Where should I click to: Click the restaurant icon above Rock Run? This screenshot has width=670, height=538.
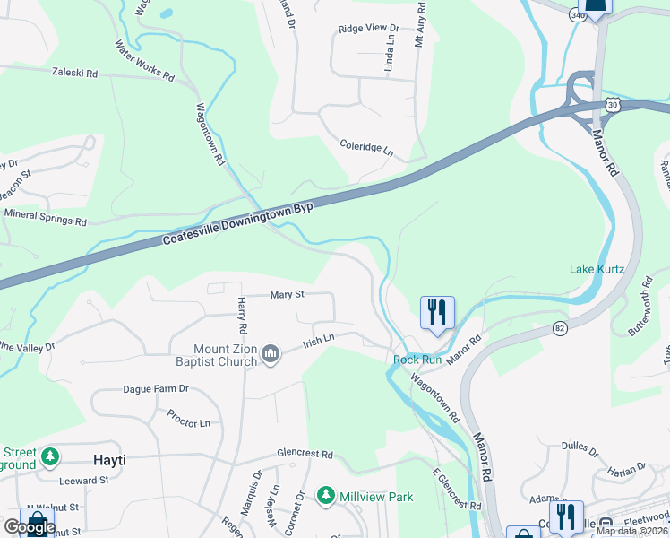(x=437, y=313)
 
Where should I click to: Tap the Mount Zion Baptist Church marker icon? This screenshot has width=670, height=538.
(x=271, y=357)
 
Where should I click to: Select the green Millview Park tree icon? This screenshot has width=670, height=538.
(x=326, y=496)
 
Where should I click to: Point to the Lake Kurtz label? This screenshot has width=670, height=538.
(x=597, y=269)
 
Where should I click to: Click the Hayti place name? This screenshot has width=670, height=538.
(x=110, y=460)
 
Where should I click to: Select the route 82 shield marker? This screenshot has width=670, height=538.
(x=560, y=328)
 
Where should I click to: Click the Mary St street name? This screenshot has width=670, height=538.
(x=288, y=294)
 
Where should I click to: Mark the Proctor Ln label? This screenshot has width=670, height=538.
(x=188, y=418)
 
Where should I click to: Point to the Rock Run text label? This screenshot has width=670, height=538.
(x=417, y=360)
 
